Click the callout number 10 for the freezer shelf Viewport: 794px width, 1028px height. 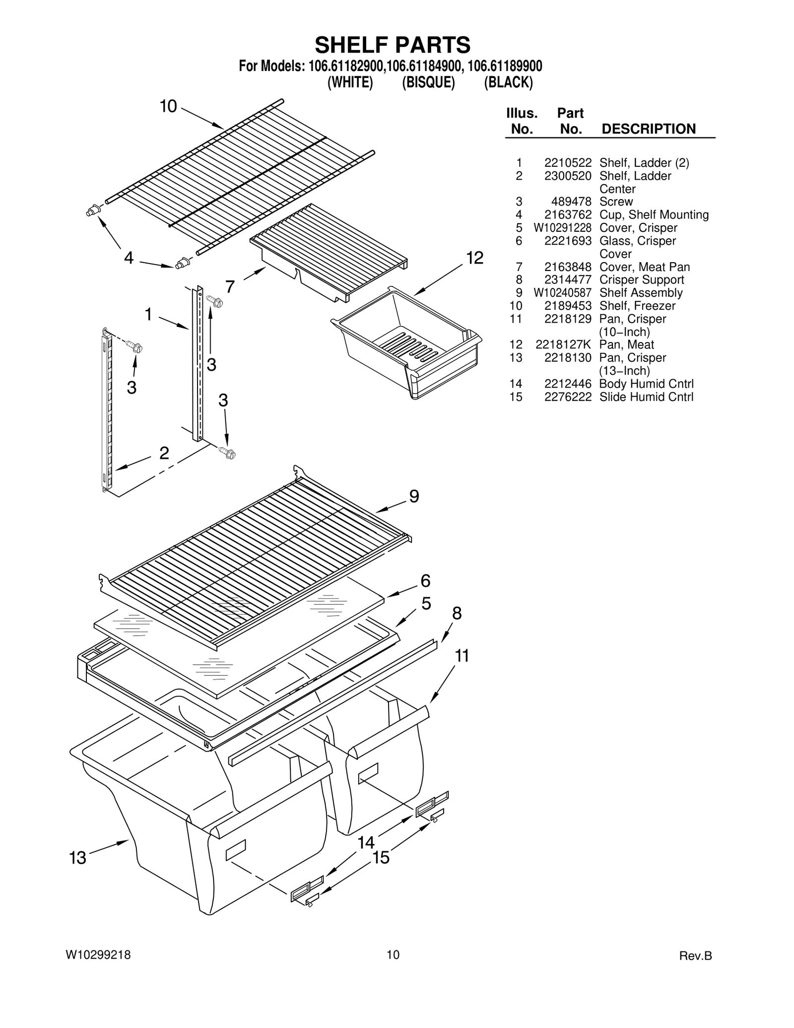168,106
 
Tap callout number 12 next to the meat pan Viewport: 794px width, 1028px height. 474,258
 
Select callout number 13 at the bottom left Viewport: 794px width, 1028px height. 78,858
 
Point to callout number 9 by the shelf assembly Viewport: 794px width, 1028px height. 414,496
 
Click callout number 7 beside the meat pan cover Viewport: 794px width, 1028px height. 230,287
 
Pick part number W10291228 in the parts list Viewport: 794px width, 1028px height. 562,228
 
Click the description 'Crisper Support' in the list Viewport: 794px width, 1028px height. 641,280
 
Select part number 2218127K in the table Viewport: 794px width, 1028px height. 563,345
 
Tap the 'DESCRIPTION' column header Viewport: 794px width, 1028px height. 648,129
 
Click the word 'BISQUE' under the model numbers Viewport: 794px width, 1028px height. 428,82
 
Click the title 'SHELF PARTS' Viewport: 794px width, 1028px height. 393,45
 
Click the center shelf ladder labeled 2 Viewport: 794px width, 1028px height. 106,410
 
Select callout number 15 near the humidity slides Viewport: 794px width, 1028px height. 381,857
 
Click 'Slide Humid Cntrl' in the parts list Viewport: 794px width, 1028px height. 646,397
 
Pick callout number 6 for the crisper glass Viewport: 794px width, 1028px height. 425,581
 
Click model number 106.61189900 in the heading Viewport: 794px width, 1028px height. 505,66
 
